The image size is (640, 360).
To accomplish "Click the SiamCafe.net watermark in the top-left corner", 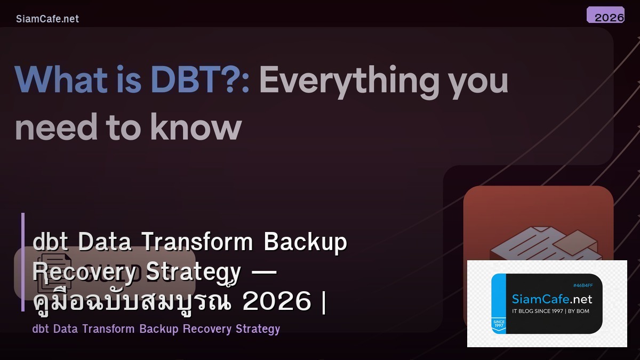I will coord(47,19).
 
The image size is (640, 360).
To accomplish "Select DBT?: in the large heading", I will coord(200,80).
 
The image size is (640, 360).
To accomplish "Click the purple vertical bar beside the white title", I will coord(23,261).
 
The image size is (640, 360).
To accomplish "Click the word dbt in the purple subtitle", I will coord(41,329).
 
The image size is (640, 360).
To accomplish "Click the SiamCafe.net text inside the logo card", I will coord(552,299).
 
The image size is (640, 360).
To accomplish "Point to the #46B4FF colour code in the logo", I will coord(582,285).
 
